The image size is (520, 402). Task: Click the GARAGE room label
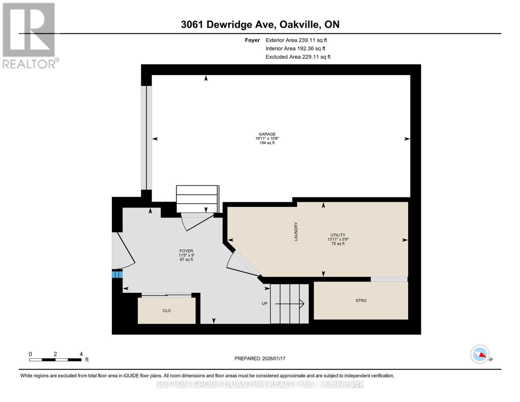tap(267, 134)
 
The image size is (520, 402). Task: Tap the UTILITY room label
tap(338, 235)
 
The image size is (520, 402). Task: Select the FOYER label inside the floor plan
tap(186, 251)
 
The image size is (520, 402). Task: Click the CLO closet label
tap(166, 311)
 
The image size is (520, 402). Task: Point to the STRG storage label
tap(361, 300)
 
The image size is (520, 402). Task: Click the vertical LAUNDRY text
tap(296, 231)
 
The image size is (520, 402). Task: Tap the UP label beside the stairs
tap(265, 304)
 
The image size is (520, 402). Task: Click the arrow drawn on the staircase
tap(290, 304)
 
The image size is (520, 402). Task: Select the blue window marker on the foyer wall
tap(117, 275)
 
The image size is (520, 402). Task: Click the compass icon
tap(480, 354)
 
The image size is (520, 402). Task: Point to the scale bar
tap(55, 360)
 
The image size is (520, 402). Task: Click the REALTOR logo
tap(29, 35)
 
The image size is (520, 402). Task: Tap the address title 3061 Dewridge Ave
tap(260, 24)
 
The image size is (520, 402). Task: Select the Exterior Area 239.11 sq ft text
tap(296, 40)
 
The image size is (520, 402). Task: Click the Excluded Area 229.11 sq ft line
tap(298, 57)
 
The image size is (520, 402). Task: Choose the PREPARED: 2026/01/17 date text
tap(260, 358)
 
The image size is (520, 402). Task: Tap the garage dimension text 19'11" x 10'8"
tap(267, 138)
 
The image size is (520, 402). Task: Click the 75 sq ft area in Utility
tap(338, 244)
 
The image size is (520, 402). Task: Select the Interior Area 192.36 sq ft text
tap(295, 49)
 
